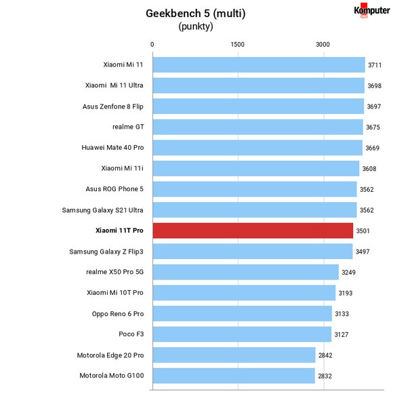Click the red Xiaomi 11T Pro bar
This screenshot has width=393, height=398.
(x=253, y=231)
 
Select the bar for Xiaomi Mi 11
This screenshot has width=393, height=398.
(x=259, y=64)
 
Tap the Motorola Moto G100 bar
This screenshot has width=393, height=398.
(x=234, y=376)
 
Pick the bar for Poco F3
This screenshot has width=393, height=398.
(x=242, y=334)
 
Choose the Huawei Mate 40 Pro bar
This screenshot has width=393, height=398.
(x=257, y=148)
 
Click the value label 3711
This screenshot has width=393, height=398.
(x=375, y=65)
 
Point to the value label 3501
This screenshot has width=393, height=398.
(x=363, y=231)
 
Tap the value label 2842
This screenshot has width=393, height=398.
(x=325, y=355)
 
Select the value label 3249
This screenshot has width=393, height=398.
(x=348, y=273)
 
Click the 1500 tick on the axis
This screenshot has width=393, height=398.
(x=237, y=45)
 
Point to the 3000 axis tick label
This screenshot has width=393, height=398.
(x=323, y=45)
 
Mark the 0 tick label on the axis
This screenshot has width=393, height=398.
(x=152, y=45)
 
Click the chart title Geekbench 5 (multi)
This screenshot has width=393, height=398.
(x=196, y=14)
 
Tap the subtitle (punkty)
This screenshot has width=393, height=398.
(x=196, y=26)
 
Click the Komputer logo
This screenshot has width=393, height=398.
(x=372, y=10)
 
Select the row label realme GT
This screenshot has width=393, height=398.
(x=128, y=127)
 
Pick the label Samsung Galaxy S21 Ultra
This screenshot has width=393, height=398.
(x=103, y=210)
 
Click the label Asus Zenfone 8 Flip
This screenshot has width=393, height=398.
(x=113, y=106)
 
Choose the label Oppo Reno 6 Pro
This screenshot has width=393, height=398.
(x=118, y=314)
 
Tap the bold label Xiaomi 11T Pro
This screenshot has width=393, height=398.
(x=119, y=231)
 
